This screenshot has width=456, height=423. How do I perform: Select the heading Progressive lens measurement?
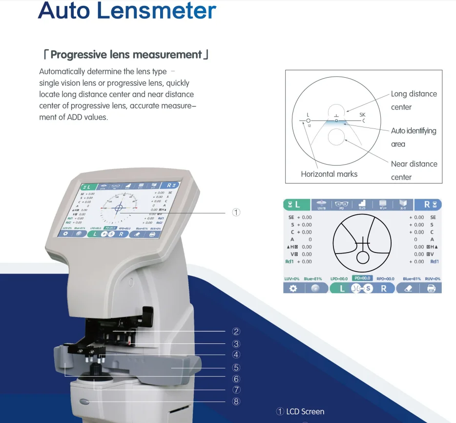(126, 54)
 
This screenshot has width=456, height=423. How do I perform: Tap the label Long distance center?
(414, 100)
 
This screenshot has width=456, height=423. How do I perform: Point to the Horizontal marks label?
(329, 174)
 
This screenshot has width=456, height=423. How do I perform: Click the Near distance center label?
(414, 170)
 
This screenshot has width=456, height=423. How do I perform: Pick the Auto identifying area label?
(413, 137)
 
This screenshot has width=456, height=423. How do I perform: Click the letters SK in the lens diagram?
(362, 114)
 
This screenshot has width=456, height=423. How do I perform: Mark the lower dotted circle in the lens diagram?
(335, 138)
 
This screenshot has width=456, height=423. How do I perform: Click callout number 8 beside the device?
(236, 402)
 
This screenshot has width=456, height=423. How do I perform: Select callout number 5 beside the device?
(236, 367)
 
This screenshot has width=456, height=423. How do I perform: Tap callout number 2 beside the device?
(236, 332)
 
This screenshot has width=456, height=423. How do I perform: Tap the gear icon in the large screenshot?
(293, 288)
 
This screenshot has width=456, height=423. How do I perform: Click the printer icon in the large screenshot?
(431, 288)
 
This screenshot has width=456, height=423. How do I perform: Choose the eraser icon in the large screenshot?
(409, 288)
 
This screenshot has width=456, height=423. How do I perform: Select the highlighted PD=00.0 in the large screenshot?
(362, 278)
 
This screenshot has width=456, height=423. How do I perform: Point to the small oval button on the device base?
(86, 402)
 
